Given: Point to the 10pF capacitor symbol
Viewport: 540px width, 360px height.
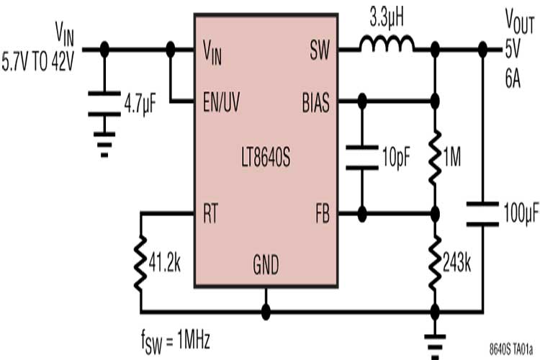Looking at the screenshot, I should (362, 158).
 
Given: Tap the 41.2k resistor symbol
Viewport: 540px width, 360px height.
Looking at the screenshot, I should (141, 262).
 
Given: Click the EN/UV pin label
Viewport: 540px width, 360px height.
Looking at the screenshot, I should (222, 103).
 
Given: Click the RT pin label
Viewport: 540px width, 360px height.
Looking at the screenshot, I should (212, 214).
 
